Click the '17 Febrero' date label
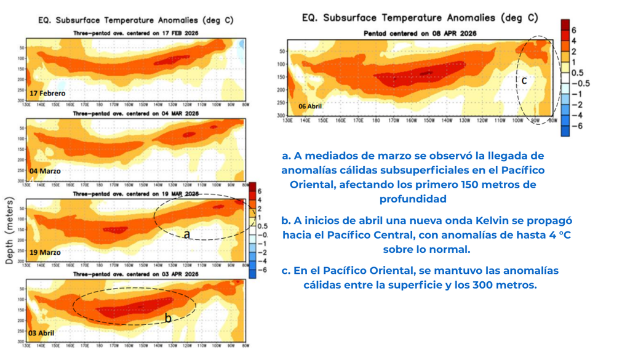tap(47, 93)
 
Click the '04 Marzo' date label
tap(46, 171)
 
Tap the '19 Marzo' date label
tap(46, 252)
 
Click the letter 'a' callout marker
tap(187, 234)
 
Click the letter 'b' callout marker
tap(167, 318)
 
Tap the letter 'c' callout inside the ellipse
tap(524, 80)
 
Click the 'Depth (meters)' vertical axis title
tap(9, 231)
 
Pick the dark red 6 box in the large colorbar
tap(565, 26)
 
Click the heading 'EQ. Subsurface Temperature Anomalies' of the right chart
tap(420, 18)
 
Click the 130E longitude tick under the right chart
tap(287, 121)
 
